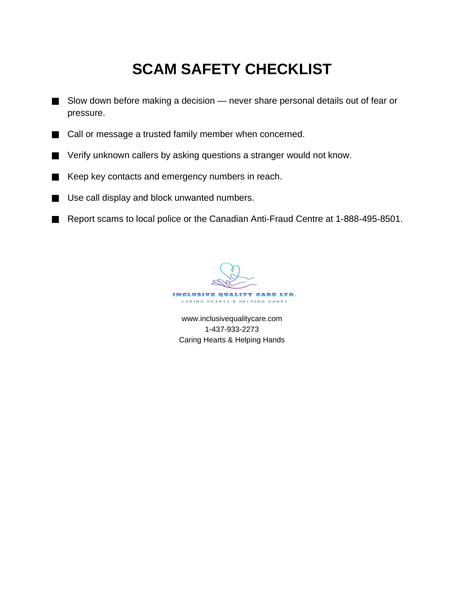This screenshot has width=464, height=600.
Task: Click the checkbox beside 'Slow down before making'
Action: (x=55, y=102)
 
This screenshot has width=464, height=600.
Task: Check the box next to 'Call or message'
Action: (x=55, y=134)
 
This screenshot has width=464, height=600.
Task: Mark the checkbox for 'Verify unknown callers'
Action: (x=55, y=156)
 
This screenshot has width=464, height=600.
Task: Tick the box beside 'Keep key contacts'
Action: (x=55, y=177)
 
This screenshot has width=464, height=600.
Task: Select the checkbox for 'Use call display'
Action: (x=55, y=198)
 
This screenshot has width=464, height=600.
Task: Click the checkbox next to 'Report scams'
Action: (x=55, y=219)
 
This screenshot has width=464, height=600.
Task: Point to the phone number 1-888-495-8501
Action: (x=364, y=219)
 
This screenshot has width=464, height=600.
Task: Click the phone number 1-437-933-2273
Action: (x=231, y=329)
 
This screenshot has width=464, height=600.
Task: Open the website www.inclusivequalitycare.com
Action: (x=231, y=318)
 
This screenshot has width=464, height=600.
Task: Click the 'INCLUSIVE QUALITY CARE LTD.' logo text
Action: (x=231, y=294)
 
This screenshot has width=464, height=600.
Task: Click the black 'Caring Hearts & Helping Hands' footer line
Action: (x=231, y=340)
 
